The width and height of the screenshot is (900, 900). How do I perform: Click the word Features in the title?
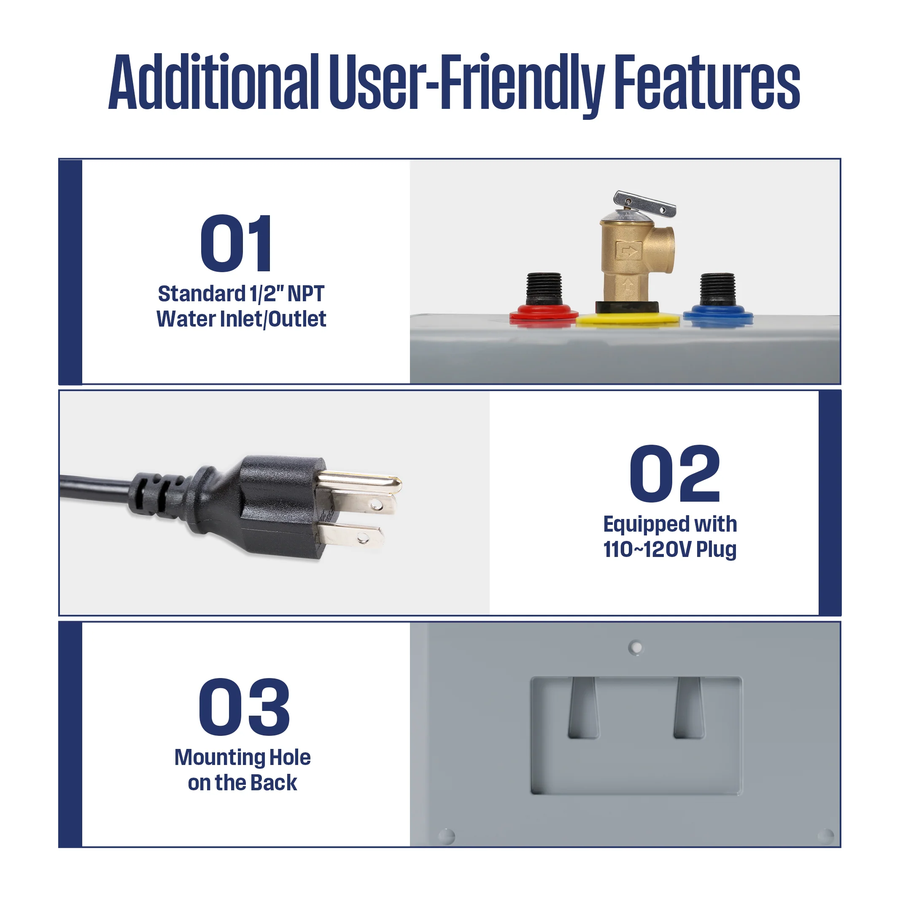pyautogui.click(x=707, y=83)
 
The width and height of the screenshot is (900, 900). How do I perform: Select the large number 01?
pyautogui.click(x=236, y=243)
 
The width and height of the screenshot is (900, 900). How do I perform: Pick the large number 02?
pyautogui.click(x=674, y=473)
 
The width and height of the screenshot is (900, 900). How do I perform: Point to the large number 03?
pyautogui.click(x=244, y=707)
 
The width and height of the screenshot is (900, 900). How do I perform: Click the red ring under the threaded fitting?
pyautogui.click(x=544, y=313)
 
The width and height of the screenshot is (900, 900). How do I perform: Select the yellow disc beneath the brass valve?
pyautogui.click(x=628, y=319)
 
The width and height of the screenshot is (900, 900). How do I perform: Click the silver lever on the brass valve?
pyautogui.click(x=645, y=203)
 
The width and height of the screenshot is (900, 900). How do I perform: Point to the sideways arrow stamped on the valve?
pyautogui.click(x=629, y=251)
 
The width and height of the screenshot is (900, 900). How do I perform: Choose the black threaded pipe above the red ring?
pyautogui.click(x=544, y=288)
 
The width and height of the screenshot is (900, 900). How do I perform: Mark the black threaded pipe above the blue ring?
pyautogui.click(x=717, y=288)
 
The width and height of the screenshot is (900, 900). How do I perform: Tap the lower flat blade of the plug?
pyautogui.click(x=354, y=535)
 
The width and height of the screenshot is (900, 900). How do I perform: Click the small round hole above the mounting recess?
pyautogui.click(x=636, y=647)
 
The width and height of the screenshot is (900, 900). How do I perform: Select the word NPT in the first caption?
pyautogui.click(x=306, y=294)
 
